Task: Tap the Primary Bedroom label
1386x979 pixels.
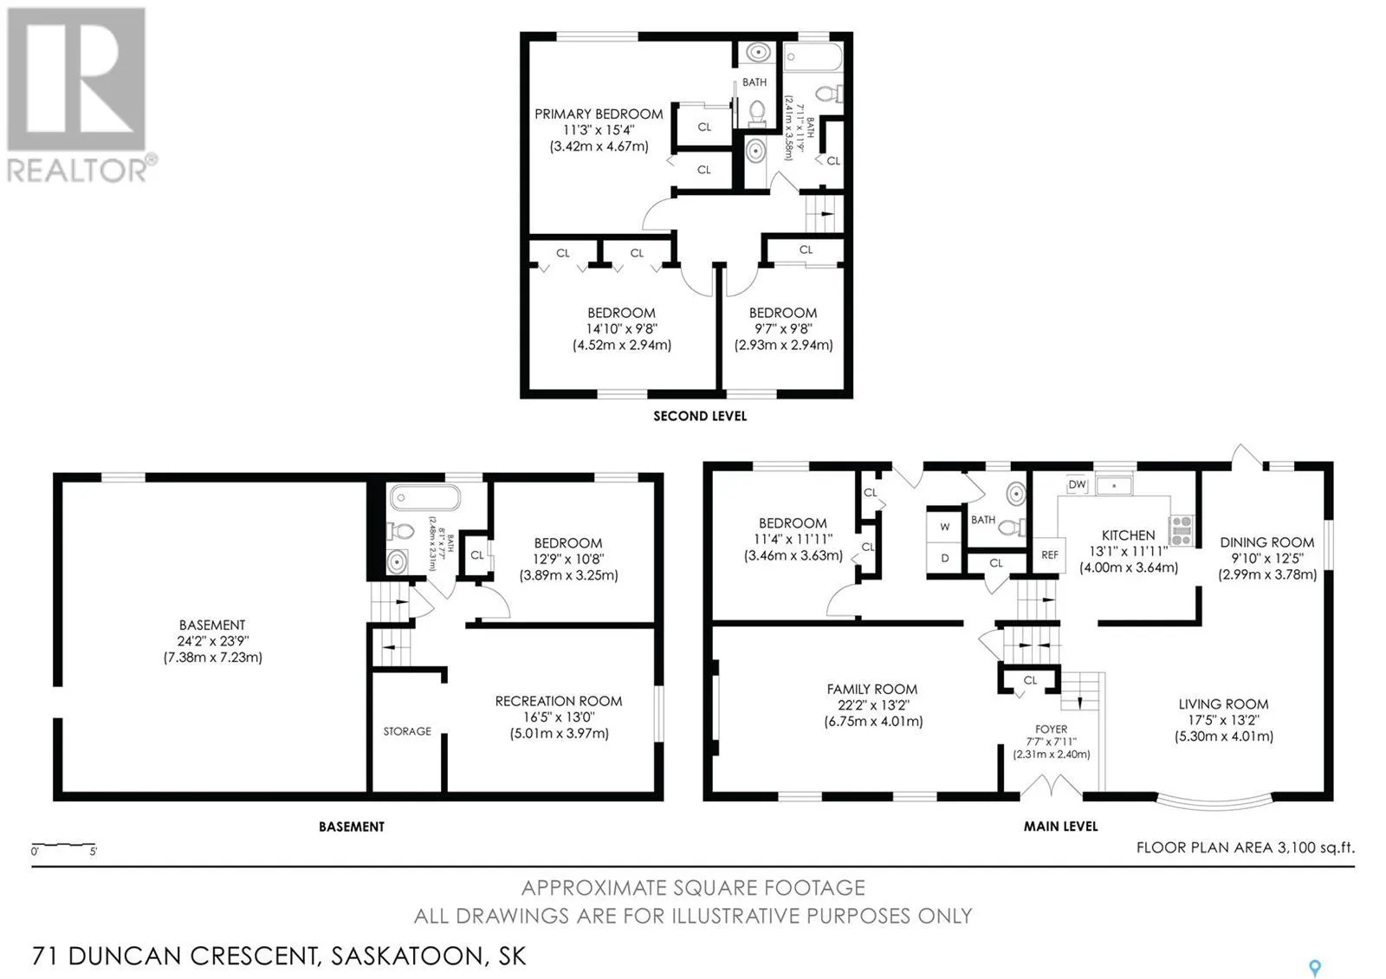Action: (599, 113)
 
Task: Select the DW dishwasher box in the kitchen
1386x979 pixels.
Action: (1077, 484)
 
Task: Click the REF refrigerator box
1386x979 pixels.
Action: (1049, 555)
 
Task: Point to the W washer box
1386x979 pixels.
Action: (945, 527)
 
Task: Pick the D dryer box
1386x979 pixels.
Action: (945, 558)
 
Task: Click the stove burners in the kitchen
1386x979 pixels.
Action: (1182, 531)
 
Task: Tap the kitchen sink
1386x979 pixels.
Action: (1114, 486)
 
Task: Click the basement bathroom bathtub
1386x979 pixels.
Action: (425, 497)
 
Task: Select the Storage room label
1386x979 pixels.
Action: (407, 731)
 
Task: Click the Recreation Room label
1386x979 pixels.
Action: (558, 701)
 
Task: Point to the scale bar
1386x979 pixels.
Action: (64, 845)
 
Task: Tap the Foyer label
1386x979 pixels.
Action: (1052, 729)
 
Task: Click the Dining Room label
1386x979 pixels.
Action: (1266, 542)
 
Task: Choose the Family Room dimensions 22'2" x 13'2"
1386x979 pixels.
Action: (872, 705)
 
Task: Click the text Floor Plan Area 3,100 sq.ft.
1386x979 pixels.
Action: (1245, 847)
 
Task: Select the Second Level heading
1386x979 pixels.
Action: (700, 416)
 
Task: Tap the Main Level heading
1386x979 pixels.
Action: (1060, 827)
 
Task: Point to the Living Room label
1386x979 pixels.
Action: (1223, 704)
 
